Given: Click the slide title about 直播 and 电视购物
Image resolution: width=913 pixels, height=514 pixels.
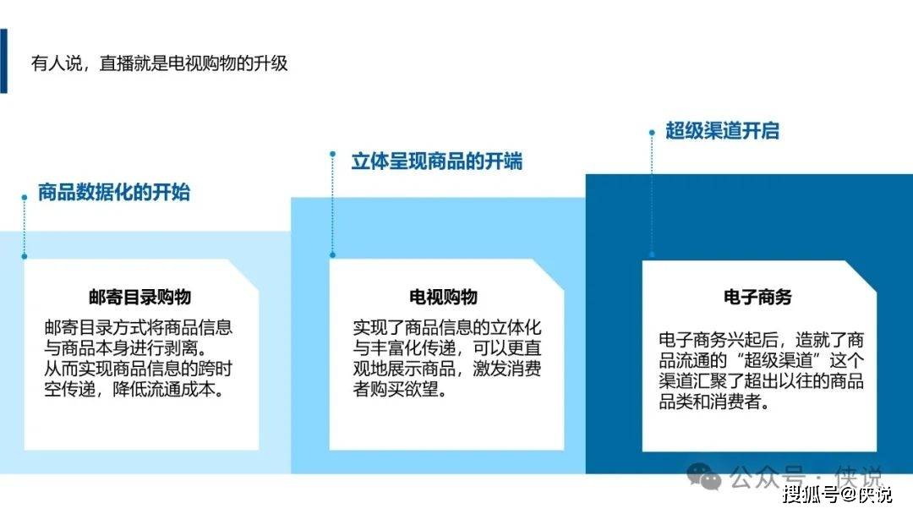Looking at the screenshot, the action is pyautogui.click(x=160, y=63).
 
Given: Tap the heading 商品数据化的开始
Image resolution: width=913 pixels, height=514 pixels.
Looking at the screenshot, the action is pyautogui.click(x=114, y=192).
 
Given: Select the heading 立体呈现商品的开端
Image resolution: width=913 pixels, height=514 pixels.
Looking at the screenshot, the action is pyautogui.click(x=437, y=161).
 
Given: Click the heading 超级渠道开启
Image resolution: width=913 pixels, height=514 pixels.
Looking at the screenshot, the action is pyautogui.click(x=722, y=130).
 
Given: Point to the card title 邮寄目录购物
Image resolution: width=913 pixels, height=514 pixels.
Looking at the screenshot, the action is pyautogui.click(x=139, y=297).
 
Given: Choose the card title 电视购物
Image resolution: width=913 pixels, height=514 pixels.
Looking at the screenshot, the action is pyautogui.click(x=443, y=297).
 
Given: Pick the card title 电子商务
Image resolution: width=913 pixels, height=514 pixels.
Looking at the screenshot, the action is pyautogui.click(x=757, y=297).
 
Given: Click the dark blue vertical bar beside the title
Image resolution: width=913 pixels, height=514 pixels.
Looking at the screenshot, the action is pyautogui.click(x=3, y=61).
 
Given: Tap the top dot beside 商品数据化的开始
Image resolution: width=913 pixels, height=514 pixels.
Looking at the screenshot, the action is pyautogui.click(x=25, y=198).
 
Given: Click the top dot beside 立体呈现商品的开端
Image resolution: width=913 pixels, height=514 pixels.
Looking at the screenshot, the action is pyautogui.click(x=332, y=154).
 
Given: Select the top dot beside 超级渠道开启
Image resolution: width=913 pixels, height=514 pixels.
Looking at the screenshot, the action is pyautogui.click(x=652, y=133).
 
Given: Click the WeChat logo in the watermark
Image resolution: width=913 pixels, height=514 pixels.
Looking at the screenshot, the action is pyautogui.click(x=704, y=476).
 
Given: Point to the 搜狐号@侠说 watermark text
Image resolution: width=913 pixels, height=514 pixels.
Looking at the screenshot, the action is pyautogui.click(x=837, y=495).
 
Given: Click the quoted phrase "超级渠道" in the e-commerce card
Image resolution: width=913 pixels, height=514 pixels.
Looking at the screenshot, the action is pyautogui.click(x=778, y=360).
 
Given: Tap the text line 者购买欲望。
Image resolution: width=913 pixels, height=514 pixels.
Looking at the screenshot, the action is pyautogui.click(x=400, y=389).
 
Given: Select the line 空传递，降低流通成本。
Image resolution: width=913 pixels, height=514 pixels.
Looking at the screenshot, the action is pyautogui.click(x=134, y=389).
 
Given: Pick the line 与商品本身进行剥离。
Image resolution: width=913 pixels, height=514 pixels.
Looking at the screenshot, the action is pyautogui.click(x=126, y=348).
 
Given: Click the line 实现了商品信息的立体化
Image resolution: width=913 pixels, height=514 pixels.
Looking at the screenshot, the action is pyautogui.click(x=446, y=328).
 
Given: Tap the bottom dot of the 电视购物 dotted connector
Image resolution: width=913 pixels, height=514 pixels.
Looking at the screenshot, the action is pyautogui.click(x=332, y=255).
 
